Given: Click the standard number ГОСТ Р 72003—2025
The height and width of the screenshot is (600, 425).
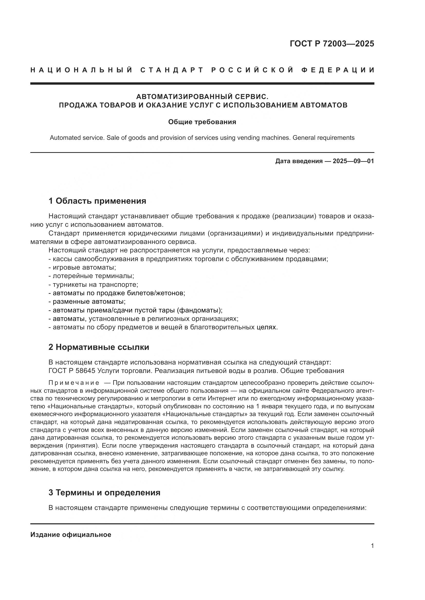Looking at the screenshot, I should [332, 44].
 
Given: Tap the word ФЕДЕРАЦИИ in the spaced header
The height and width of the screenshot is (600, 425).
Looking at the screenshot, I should [338, 70].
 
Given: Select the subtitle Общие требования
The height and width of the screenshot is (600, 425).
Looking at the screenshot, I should [202, 122].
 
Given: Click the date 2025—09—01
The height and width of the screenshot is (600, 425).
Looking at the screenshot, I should [353, 161].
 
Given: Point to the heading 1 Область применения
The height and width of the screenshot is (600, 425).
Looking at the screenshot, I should [97, 201].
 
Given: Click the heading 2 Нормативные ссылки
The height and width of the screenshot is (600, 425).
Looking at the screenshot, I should [99, 347].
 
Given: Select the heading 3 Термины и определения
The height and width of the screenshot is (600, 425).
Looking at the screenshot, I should [104, 493].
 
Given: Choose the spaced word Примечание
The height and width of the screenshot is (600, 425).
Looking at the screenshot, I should [74, 383].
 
